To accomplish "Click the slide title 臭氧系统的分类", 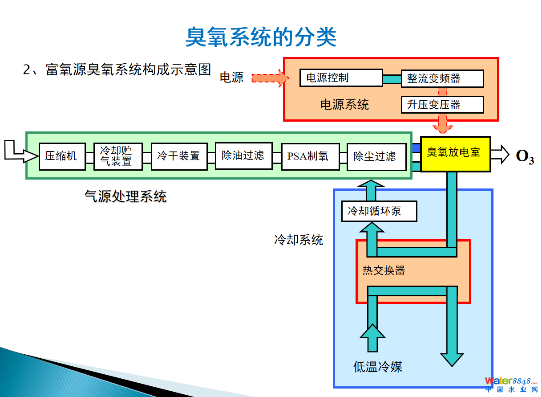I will pos(261,37).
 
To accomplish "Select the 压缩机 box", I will pos(62,156).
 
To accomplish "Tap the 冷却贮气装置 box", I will pos(118,156).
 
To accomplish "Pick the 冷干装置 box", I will pos(179,156).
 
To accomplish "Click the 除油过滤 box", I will pos(243,156).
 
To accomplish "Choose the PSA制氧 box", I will pos(310,156).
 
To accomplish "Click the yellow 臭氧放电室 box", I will pos(455,154).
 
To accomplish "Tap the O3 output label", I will pos(525,157).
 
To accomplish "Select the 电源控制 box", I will pos(341,78).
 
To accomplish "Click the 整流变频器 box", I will pos(442,78).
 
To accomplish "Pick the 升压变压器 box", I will pos(442,105).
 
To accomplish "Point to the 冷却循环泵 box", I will pos(379,211).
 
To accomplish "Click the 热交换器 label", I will pos(384,270).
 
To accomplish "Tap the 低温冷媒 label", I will pos(378,367).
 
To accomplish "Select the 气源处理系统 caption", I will pos(125,196).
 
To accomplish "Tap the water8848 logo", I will pos(511,385).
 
